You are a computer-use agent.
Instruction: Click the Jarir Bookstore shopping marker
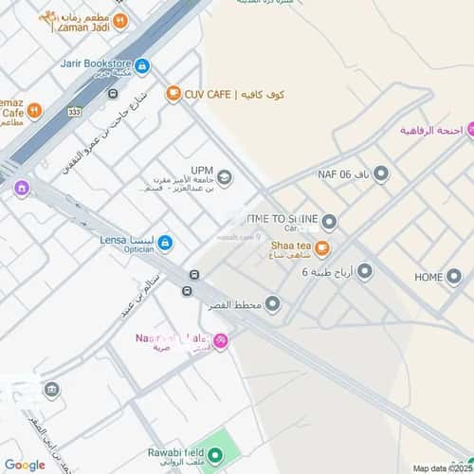(142, 65)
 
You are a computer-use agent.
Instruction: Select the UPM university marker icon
(225, 176)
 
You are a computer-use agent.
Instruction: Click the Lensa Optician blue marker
(165, 243)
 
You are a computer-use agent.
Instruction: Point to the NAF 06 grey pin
(381, 173)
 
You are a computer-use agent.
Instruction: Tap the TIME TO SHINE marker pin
(329, 223)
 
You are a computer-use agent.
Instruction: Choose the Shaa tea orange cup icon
(321, 248)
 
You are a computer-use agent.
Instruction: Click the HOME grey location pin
(456, 277)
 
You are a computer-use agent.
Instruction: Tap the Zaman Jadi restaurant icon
(120, 20)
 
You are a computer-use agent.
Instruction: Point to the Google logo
(25, 465)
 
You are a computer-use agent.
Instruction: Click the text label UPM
(202, 171)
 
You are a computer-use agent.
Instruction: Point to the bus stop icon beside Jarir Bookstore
(113, 93)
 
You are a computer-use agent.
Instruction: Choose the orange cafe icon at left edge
(34, 111)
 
